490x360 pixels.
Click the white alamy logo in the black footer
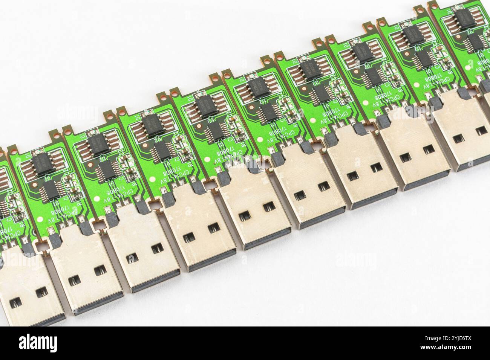[x=45, y=343]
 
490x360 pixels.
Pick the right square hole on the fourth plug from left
[x=214, y=227]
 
